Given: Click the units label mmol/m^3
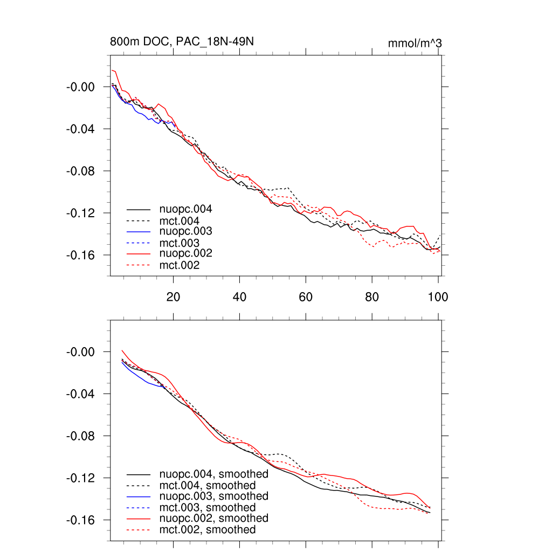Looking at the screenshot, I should [415, 43].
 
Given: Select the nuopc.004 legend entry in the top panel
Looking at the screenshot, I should [185, 209].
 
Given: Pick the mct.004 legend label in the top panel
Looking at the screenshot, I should [180, 220].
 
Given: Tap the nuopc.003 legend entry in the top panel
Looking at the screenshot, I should [185, 231].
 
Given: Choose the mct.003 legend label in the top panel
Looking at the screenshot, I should [180, 243].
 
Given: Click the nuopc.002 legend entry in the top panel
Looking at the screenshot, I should [185, 253].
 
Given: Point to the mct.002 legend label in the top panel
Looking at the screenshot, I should [180, 265].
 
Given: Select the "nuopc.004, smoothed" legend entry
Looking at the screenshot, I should [214, 474].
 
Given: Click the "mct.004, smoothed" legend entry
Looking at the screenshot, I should [208, 485].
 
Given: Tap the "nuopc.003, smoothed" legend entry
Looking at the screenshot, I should [214, 496].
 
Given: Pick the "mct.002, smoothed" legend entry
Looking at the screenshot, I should [208, 529].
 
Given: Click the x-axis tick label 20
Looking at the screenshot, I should [173, 296].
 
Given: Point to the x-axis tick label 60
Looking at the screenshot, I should [306, 296].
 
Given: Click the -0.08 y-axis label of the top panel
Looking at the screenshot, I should [80, 171].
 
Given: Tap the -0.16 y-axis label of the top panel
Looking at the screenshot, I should [80, 255].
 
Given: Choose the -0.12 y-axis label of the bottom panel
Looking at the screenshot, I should [80, 478].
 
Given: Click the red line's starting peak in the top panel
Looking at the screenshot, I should [113, 70].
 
